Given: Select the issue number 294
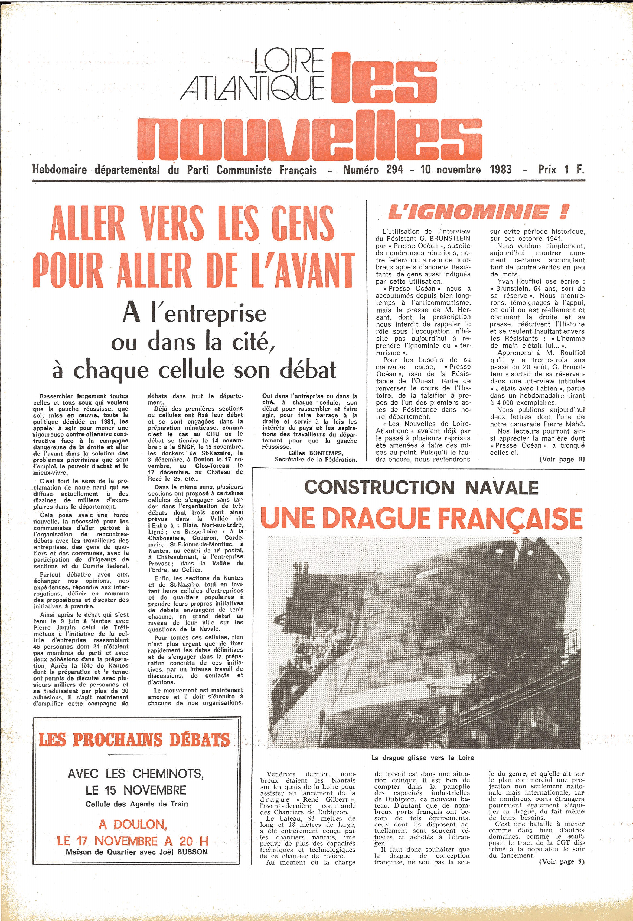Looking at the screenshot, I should click(395, 170).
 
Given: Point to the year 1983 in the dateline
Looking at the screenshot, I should click(501, 170).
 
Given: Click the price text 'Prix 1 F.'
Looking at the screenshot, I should click(561, 170).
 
